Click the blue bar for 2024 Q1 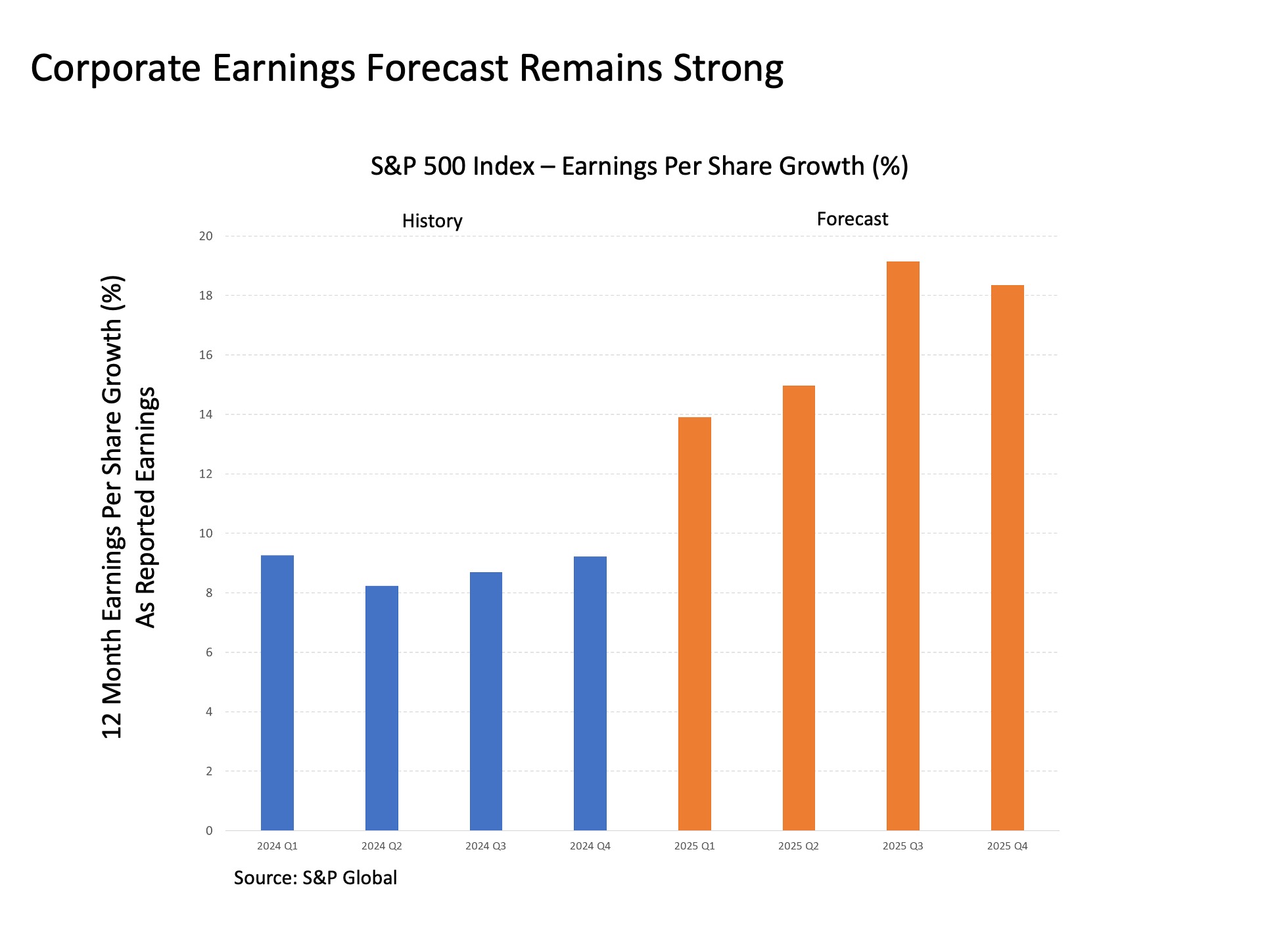[277, 693]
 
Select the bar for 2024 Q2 [381, 708]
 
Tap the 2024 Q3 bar [486, 701]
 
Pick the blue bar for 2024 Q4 [590, 693]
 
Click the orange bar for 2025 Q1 [694, 624]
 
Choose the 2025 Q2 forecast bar [799, 608]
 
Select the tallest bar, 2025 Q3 [902, 546]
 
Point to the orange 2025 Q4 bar [1007, 558]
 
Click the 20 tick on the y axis [206, 236]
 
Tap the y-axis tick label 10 [206, 533]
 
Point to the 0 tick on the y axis [209, 831]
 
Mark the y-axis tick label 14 [206, 415]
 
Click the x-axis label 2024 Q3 [486, 846]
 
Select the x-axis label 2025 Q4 [1007, 846]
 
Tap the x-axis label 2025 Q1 [694, 846]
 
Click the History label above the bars [432, 221]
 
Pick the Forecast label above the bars [852, 219]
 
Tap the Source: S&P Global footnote [315, 878]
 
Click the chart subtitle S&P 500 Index [452, 167]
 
